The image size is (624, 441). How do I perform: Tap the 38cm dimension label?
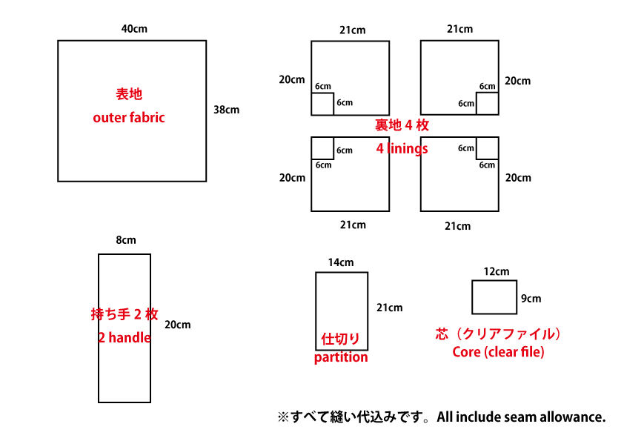[x=226, y=110]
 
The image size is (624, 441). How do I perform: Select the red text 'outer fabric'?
[x=129, y=117]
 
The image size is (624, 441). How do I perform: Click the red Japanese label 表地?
[x=128, y=94]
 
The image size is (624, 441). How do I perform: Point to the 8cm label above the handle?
[x=125, y=240]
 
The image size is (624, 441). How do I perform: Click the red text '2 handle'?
[x=125, y=337]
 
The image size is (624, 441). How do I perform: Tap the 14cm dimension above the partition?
[x=341, y=262]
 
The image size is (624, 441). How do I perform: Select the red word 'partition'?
[x=341, y=357]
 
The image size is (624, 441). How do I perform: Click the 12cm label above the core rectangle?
[x=497, y=271]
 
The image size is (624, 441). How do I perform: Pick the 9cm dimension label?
[x=531, y=299]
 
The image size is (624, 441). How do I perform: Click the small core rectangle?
[x=494, y=297]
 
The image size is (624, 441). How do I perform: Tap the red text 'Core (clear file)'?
[x=498, y=352]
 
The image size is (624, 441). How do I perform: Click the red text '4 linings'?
[x=402, y=148]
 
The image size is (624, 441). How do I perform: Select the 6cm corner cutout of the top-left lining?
[x=322, y=104]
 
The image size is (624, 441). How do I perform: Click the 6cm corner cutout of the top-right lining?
[x=486, y=104]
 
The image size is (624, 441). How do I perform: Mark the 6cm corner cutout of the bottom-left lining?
[x=322, y=148]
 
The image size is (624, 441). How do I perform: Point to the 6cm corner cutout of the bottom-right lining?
[x=486, y=148]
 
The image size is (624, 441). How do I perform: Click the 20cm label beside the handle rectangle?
[x=177, y=325]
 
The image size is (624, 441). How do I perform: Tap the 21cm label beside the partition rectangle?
[x=389, y=308]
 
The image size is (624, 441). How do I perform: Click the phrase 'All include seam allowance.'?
[x=521, y=417]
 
